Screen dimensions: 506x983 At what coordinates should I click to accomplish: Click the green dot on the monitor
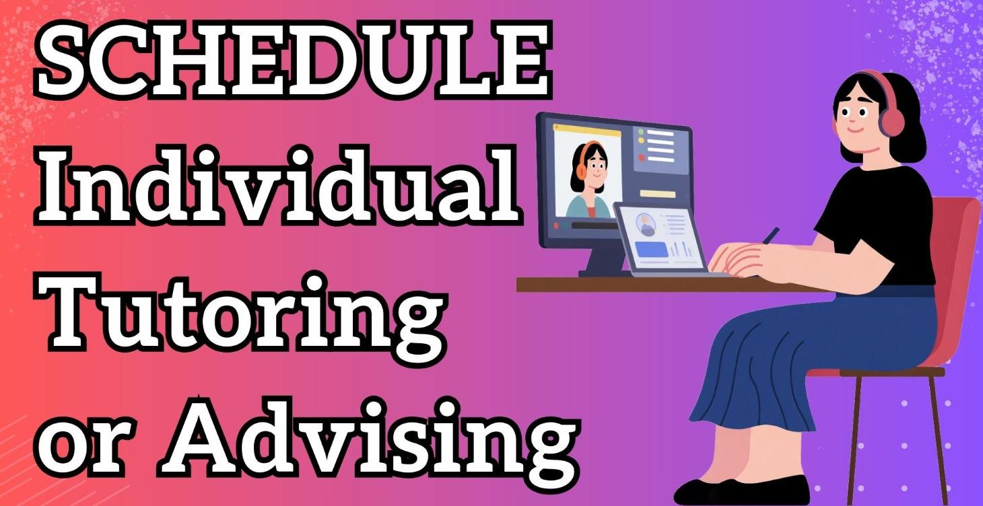click(641, 133)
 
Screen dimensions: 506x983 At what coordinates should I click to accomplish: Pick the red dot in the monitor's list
click(641, 157)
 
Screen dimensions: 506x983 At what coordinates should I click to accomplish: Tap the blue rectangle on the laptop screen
click(651, 250)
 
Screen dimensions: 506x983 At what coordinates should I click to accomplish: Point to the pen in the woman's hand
click(771, 235)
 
